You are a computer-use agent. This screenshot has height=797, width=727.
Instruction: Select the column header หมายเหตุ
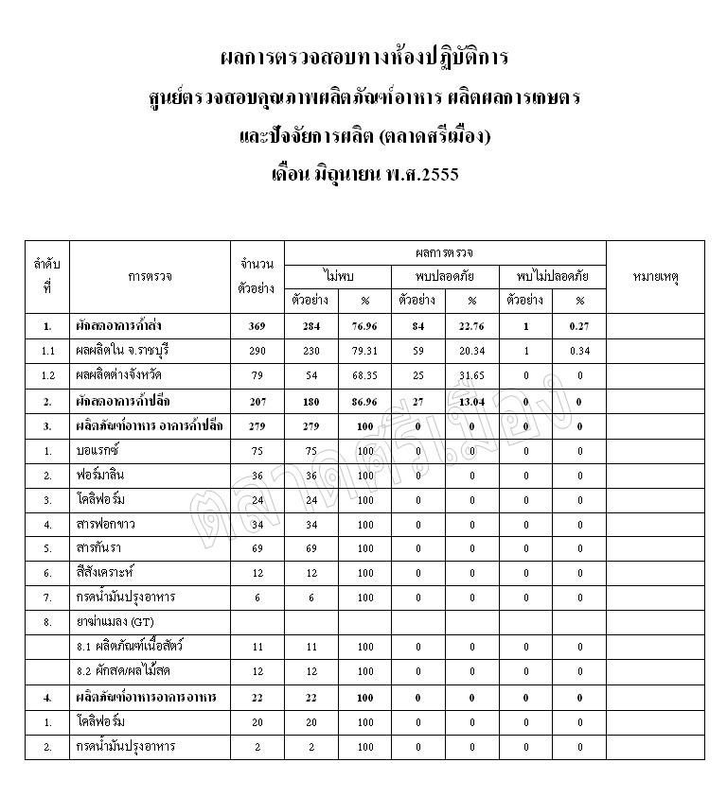coord(658,277)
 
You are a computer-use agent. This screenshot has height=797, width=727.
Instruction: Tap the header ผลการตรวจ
coord(445,253)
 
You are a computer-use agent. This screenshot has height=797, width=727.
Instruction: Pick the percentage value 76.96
coord(339,327)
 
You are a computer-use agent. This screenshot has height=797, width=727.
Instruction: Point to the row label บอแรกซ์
coord(97,451)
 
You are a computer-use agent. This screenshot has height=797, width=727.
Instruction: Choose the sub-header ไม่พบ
coord(338,276)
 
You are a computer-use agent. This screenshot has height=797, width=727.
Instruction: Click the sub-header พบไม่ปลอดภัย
coord(553,276)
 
